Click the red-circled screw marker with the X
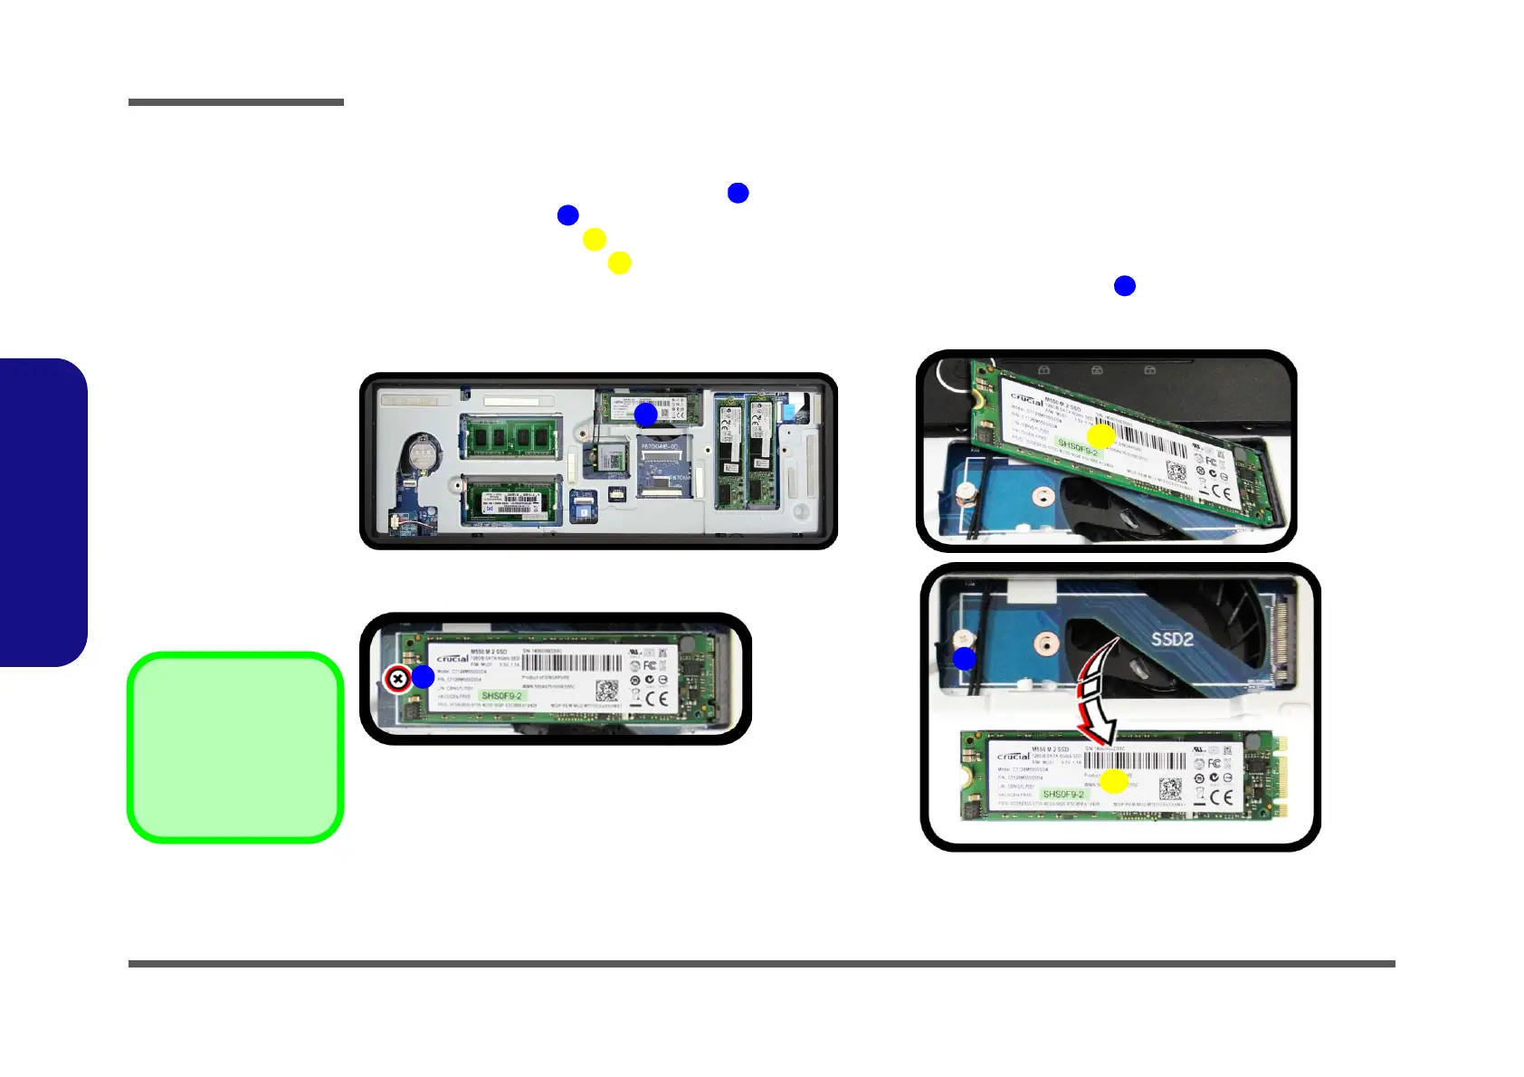pyautogui.click(x=397, y=679)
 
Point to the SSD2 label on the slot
pyautogui.click(x=1172, y=639)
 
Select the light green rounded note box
pyautogui.click(x=235, y=748)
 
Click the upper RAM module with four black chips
pyautogui.click(x=510, y=437)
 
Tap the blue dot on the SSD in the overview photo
pyautogui.click(x=645, y=415)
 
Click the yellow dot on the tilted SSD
pyautogui.click(x=1100, y=436)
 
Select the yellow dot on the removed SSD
pyautogui.click(x=1114, y=781)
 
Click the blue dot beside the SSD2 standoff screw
pyautogui.click(x=965, y=659)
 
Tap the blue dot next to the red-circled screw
pyautogui.click(x=424, y=677)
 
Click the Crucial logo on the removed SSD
pyautogui.click(x=1013, y=756)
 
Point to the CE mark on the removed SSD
pyautogui.click(x=1222, y=797)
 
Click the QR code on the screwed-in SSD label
pyautogui.click(x=606, y=692)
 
